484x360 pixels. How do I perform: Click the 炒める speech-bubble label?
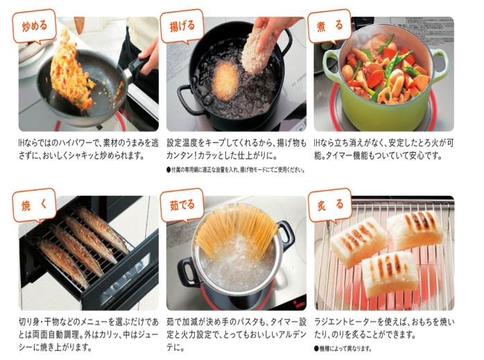[x=34, y=26]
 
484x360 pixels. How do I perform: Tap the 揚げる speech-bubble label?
[x=182, y=26]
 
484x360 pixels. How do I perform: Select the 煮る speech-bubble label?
[x=329, y=26]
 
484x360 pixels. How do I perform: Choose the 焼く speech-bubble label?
[x=34, y=205]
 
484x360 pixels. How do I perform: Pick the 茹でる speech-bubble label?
[x=182, y=205]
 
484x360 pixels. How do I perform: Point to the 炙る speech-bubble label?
[x=329, y=205]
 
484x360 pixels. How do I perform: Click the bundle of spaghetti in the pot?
[x=236, y=228]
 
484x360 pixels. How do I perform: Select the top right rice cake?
[x=415, y=230]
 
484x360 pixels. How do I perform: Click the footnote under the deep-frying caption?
[x=236, y=169]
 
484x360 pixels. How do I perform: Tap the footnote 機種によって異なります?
[x=343, y=349]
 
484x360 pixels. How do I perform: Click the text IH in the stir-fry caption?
[x=21, y=143]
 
